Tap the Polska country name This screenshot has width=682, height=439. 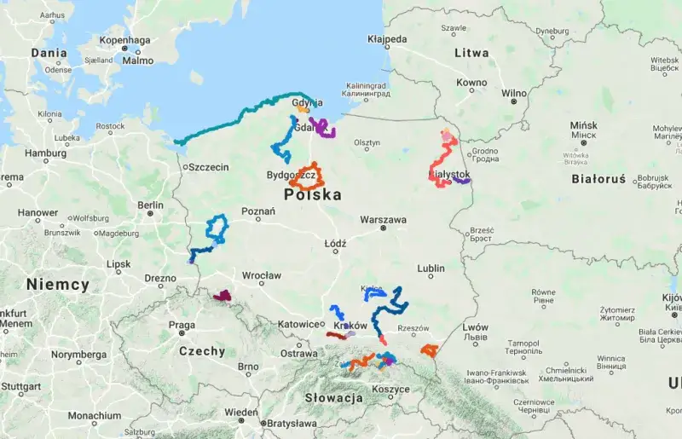coord(313,195)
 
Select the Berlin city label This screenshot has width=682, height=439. coord(150,205)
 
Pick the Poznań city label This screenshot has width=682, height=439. coord(258,211)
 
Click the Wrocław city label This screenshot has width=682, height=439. coord(261,275)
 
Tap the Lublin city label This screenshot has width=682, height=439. coord(431,269)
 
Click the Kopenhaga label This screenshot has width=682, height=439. coord(124,39)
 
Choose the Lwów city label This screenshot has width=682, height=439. coord(476,327)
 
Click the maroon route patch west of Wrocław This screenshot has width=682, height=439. coord(223,296)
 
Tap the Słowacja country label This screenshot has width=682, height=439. coord(333,398)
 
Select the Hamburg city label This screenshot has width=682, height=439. coord(46,153)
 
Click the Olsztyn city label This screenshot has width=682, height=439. coord(367,142)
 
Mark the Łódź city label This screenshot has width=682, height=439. coord(335,243)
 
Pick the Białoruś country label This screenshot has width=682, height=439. coord(598,180)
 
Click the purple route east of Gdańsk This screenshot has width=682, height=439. coord(324,129)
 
